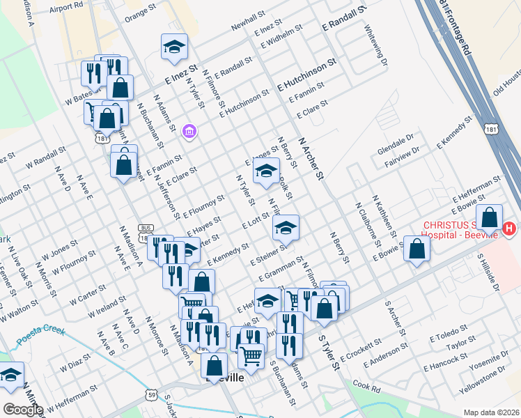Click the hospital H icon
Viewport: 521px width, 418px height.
pos(510,229)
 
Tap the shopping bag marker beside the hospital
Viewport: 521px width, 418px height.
pos(490,217)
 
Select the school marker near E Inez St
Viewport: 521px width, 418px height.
pos(173,47)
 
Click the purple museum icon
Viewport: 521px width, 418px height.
pos(189,131)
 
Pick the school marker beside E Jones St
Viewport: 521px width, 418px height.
pos(265,171)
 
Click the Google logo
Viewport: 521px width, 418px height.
pos(23,409)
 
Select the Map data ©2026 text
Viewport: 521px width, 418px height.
pos(491,412)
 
